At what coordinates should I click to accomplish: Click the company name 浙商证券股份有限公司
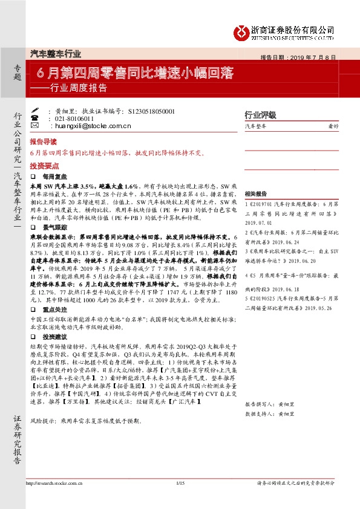(x=292, y=29)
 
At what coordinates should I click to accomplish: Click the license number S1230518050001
(x=152, y=112)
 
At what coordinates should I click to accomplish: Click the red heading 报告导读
(x=42, y=141)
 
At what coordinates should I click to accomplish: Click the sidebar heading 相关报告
(x=255, y=195)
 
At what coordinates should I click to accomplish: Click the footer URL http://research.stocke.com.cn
(x=54, y=483)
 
